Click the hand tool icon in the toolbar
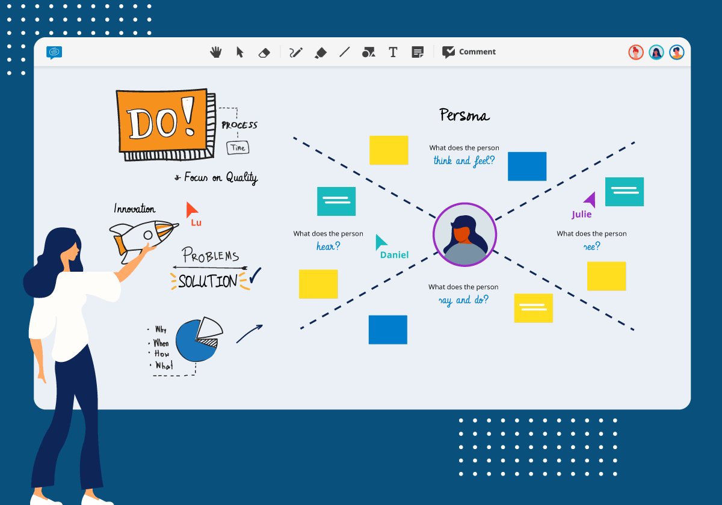[x=215, y=52]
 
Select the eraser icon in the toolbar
[x=264, y=53]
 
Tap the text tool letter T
[x=393, y=52]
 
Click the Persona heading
[x=464, y=115]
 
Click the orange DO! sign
[x=161, y=122]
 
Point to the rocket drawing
[x=143, y=235]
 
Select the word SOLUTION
[x=208, y=281]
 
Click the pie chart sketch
[x=198, y=340]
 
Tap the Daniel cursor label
[x=394, y=255]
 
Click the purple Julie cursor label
[x=581, y=214]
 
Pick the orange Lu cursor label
[x=196, y=222]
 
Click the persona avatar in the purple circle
[x=464, y=234]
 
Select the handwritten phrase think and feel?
[x=463, y=161]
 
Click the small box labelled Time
[x=238, y=148]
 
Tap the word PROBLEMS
[x=211, y=256]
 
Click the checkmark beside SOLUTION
[x=255, y=275]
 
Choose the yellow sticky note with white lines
[x=533, y=308]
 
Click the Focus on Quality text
[x=220, y=177]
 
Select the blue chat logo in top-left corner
[x=54, y=52]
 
